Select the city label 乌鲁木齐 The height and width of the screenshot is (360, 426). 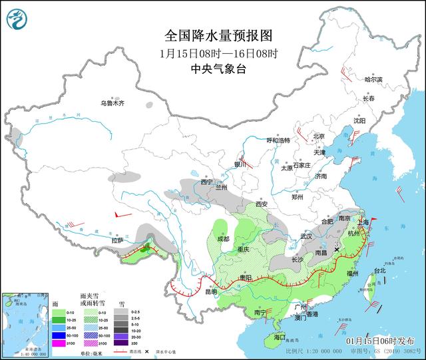(112, 103)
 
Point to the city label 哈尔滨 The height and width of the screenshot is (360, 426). (374, 79)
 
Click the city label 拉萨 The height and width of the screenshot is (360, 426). (118, 240)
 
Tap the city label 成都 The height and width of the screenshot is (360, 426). (222, 238)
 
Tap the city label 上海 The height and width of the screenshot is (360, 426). (363, 223)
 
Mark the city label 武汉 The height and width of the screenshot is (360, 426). (306, 236)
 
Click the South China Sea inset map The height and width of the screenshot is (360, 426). (31, 321)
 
